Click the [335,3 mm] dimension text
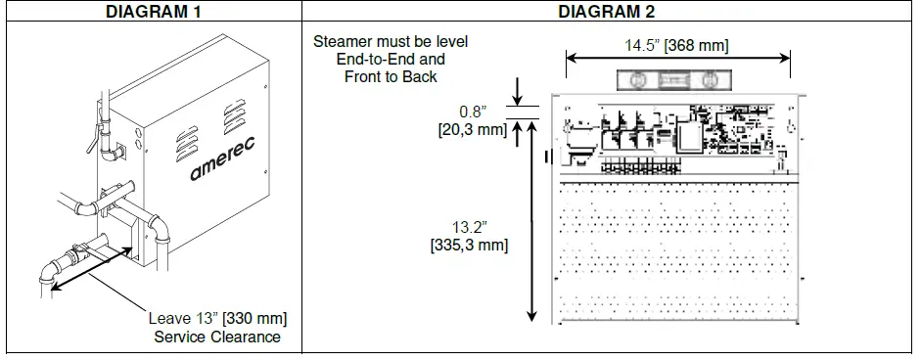click(469, 245)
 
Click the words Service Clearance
click(217, 337)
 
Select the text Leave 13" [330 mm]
click(217, 319)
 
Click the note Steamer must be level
click(391, 42)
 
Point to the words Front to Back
click(391, 76)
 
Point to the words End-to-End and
click(391, 59)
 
